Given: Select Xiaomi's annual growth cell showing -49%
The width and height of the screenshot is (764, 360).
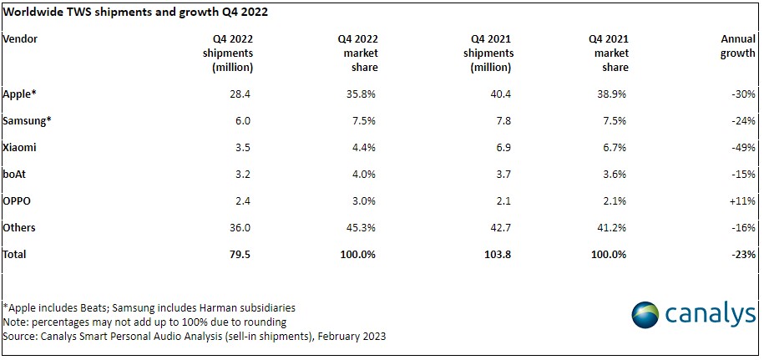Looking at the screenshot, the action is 743,147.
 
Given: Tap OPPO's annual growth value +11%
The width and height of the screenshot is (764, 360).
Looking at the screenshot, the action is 742,200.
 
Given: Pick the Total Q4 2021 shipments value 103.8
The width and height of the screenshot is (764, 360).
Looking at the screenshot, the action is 498,254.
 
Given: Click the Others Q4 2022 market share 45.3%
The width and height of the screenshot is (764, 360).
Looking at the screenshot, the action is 362,227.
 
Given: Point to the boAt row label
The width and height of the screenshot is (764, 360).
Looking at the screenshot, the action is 13,174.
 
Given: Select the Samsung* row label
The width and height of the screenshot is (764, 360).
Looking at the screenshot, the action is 27,120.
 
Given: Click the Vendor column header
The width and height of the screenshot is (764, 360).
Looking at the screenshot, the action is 20,39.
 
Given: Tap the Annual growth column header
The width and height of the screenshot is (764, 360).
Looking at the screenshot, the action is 737,46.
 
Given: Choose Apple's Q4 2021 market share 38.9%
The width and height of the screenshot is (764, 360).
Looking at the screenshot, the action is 613,94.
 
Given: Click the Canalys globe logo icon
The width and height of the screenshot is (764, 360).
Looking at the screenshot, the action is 645,315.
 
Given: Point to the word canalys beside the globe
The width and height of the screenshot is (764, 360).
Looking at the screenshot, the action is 710,314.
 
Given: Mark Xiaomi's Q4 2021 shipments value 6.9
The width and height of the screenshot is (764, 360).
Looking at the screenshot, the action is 502,147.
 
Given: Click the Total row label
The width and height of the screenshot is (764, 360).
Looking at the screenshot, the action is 14,254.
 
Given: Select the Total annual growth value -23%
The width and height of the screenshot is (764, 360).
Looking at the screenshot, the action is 743,254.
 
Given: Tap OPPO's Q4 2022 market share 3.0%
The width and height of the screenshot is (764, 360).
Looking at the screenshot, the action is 364,200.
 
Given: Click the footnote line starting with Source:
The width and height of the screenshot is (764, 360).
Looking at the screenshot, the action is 195,336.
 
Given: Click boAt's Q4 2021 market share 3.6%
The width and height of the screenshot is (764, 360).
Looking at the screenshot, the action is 615,174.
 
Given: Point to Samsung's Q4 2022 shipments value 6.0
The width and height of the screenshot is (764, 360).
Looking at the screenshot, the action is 243,120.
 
